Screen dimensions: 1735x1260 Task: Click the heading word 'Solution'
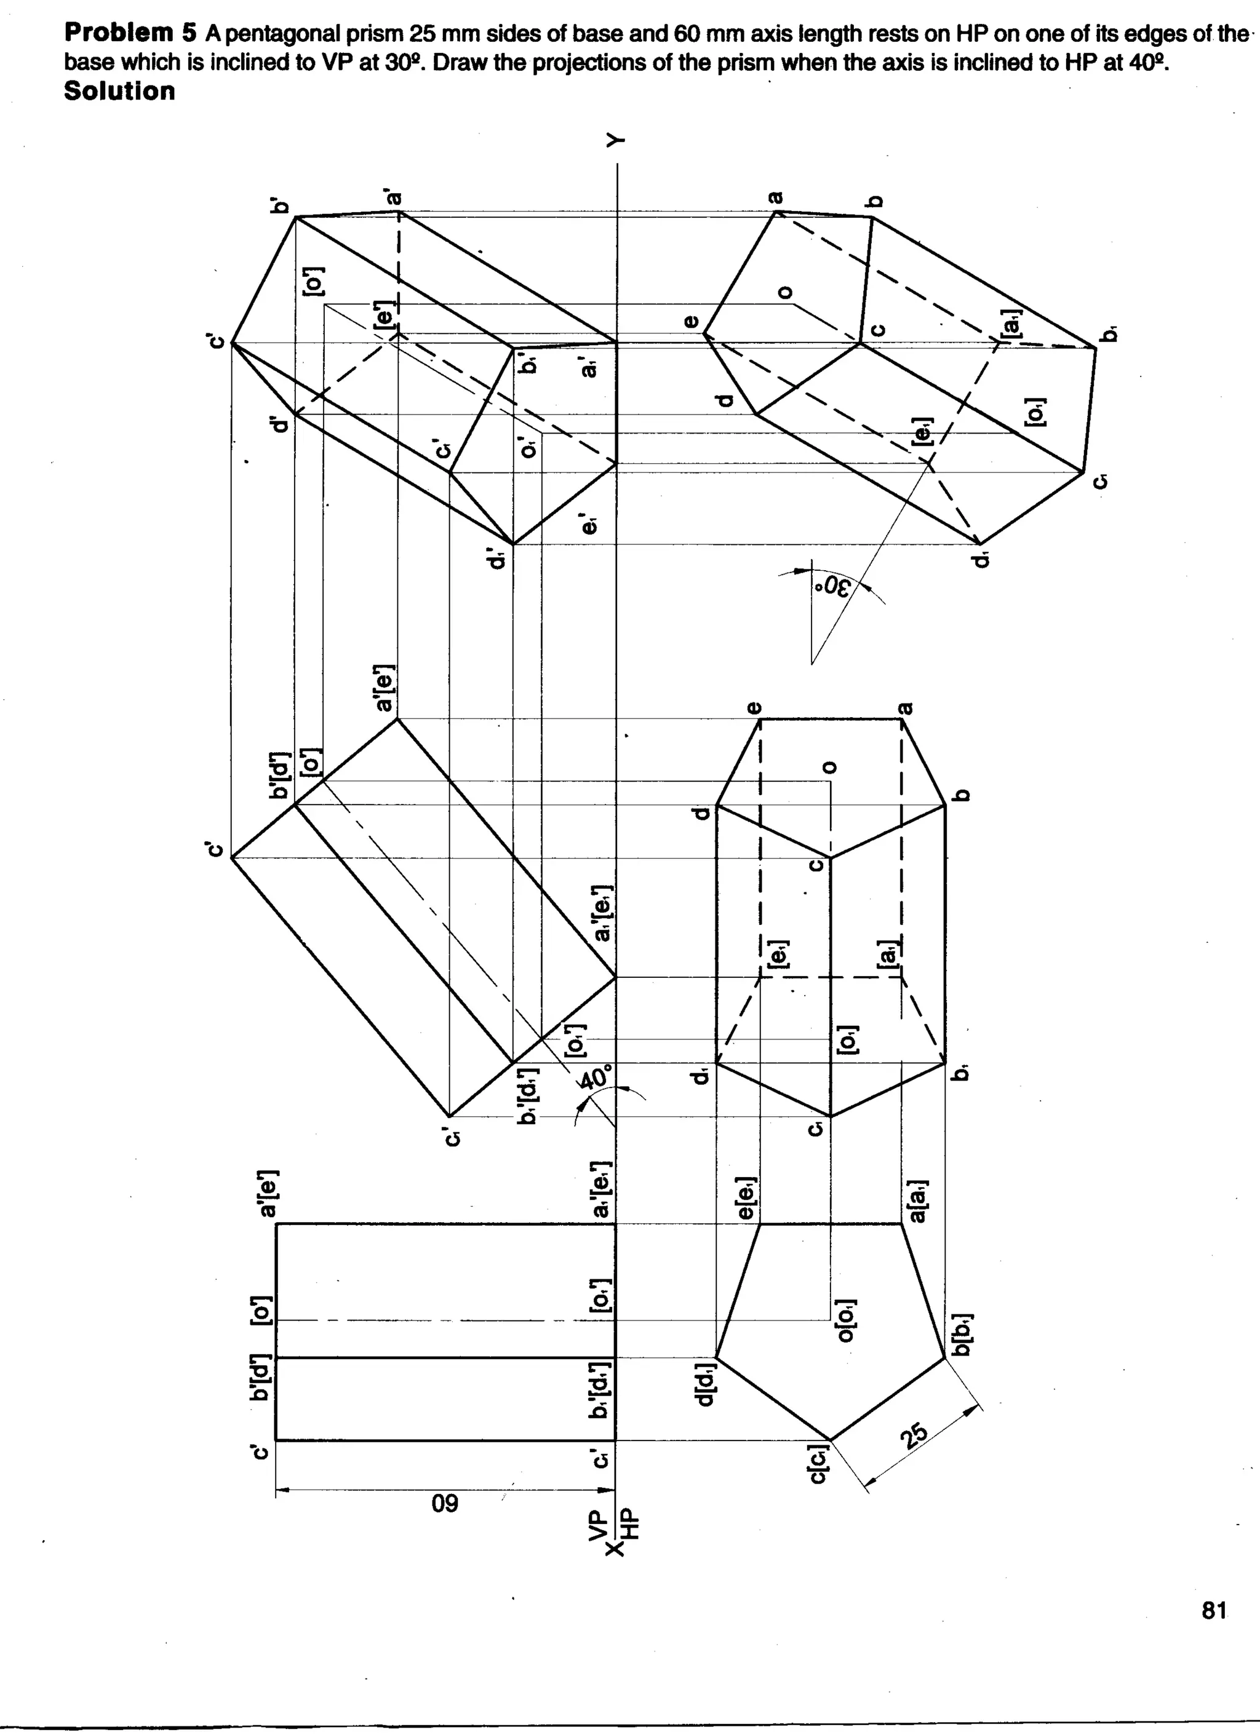click(119, 90)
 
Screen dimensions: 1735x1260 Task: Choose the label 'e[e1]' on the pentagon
click(748, 1199)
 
